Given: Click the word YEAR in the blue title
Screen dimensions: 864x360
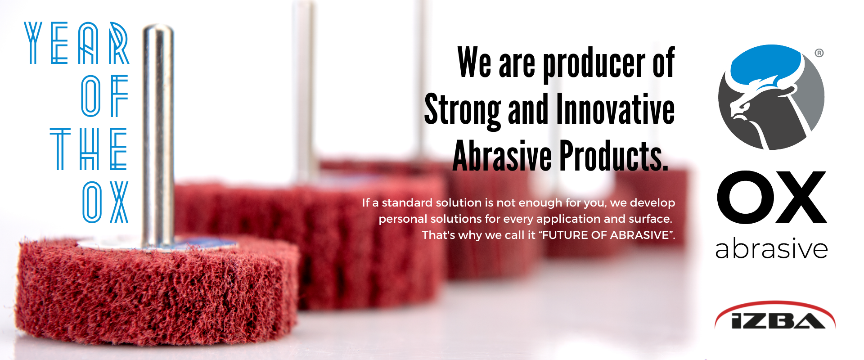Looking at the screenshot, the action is pyautogui.click(x=77, y=43).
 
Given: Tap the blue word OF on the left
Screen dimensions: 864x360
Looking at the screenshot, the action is pyautogui.click(x=104, y=96).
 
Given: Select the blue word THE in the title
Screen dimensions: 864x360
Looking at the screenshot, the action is pyautogui.click(x=89, y=149).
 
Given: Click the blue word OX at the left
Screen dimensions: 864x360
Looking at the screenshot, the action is pyautogui.click(x=106, y=202).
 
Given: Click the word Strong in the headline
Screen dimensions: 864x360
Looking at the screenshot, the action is pyautogui.click(x=463, y=110).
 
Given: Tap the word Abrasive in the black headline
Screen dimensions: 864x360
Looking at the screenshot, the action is pyautogui.click(x=502, y=155).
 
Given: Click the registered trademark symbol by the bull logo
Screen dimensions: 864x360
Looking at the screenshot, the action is pyautogui.click(x=819, y=53).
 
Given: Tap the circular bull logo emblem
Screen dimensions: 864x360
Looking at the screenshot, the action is pyautogui.click(x=771, y=97).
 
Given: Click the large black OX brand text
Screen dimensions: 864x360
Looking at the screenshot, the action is pyautogui.click(x=772, y=198).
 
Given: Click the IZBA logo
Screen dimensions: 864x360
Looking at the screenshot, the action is pyautogui.click(x=775, y=315).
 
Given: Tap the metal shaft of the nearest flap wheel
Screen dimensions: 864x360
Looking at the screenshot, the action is pyautogui.click(x=158, y=135).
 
